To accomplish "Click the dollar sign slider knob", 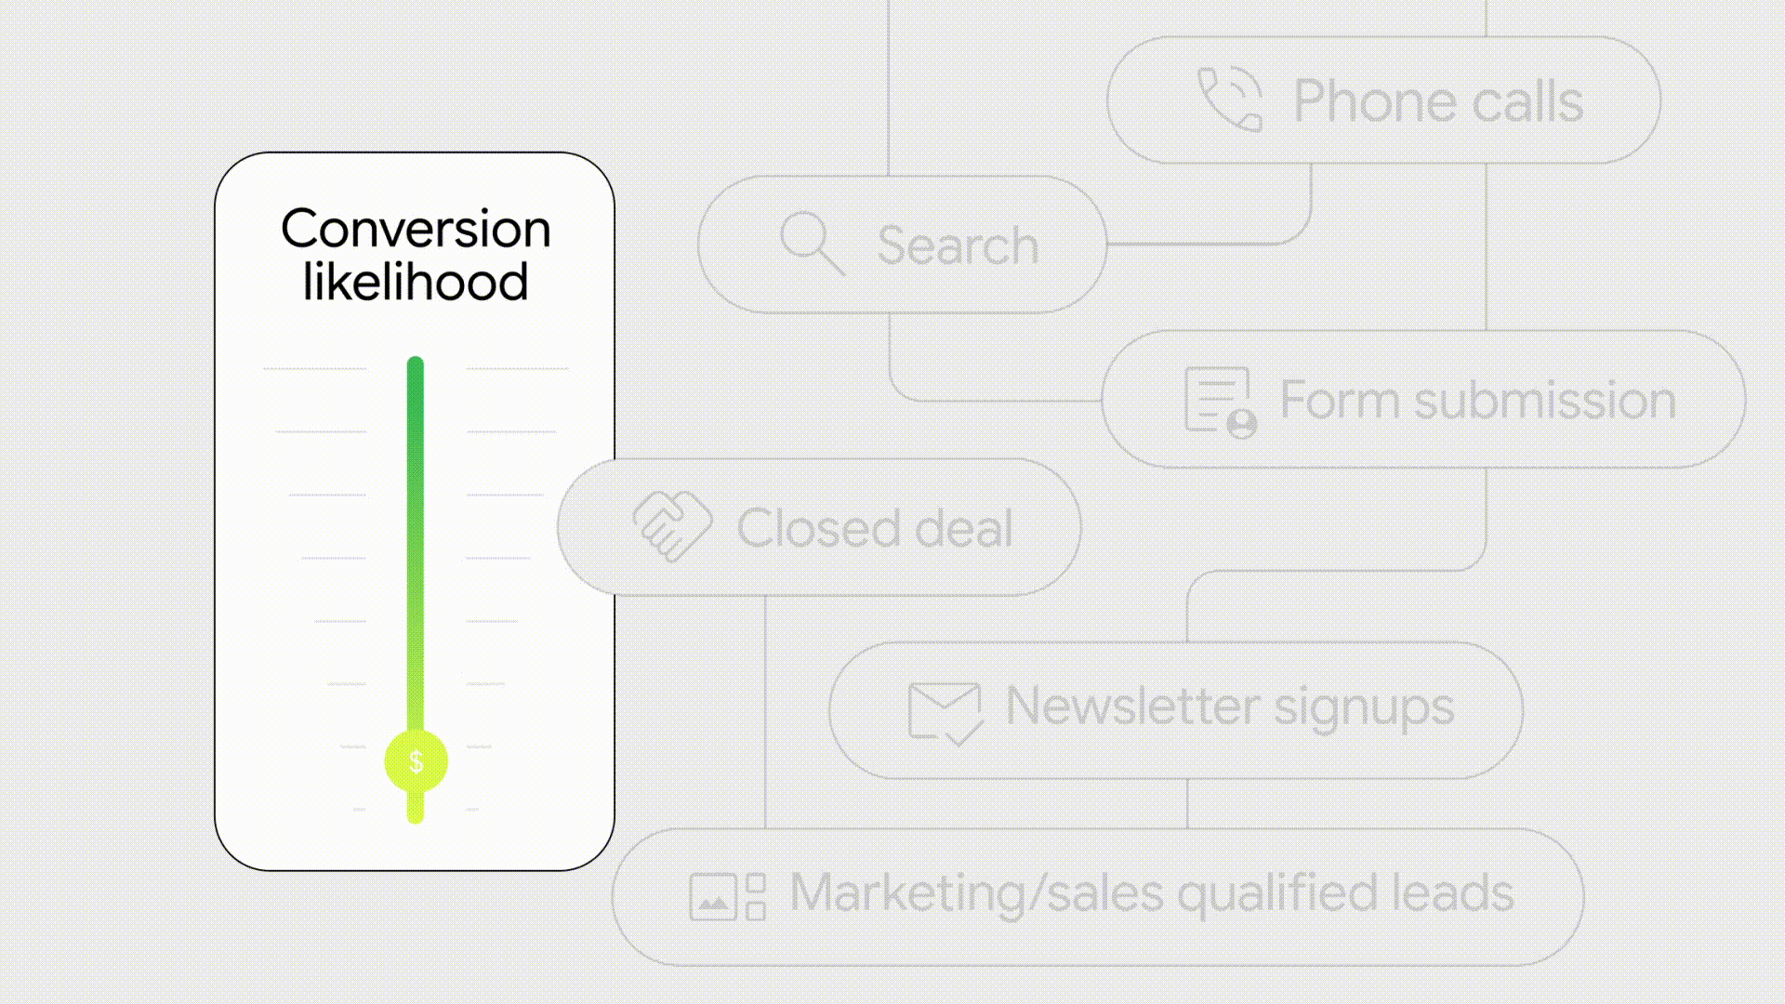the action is coord(416,761).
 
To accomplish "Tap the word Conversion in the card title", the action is coord(416,229).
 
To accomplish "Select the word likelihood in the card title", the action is coord(416,282).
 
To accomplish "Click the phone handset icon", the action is coord(1229,99).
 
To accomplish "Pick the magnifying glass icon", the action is coord(812,244).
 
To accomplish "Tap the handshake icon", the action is coord(672,526).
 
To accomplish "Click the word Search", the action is coord(958,245).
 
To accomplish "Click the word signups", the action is coord(1364,709).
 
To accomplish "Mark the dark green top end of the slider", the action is coord(416,363).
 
